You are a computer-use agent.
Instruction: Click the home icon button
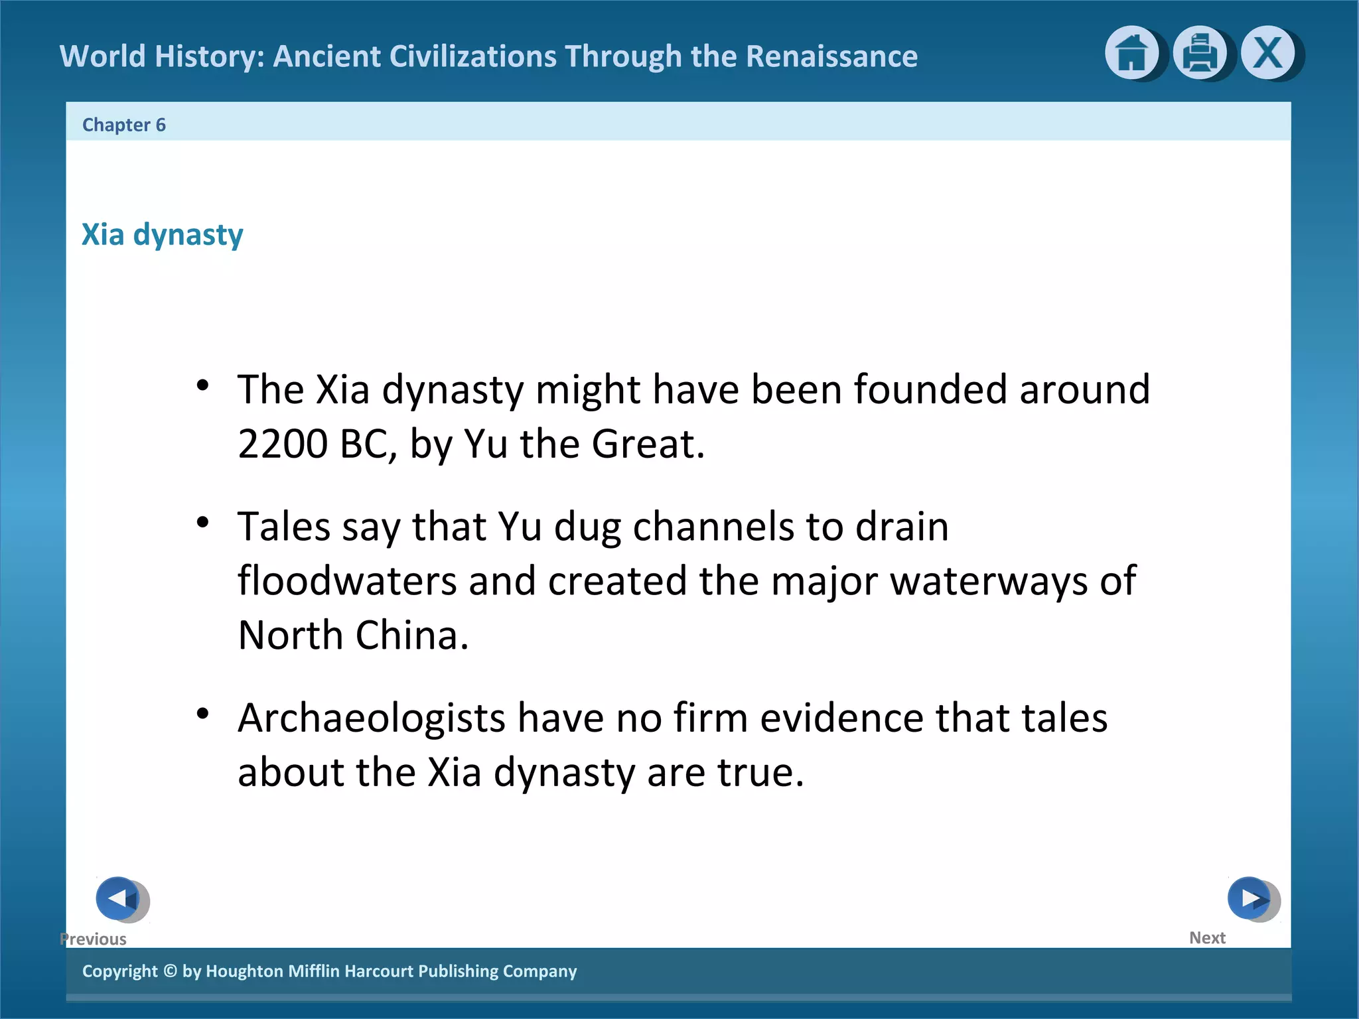click(1131, 53)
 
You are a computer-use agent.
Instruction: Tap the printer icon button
click(1199, 53)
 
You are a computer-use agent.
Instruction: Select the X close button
click(1267, 53)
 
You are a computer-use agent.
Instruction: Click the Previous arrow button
click(119, 899)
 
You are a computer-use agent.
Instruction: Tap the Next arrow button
click(1250, 898)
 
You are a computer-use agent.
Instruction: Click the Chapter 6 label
click(124, 125)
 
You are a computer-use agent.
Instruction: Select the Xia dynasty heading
click(163, 235)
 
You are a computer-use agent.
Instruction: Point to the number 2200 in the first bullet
click(283, 444)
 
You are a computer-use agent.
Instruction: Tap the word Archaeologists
click(372, 718)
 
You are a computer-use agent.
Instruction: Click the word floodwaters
click(347, 581)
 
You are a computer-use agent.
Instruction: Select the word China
click(411, 636)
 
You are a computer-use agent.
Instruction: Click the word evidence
click(841, 718)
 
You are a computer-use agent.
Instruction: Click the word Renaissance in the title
click(831, 56)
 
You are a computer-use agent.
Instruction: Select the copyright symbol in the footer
click(170, 971)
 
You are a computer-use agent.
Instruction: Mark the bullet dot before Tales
click(203, 523)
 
